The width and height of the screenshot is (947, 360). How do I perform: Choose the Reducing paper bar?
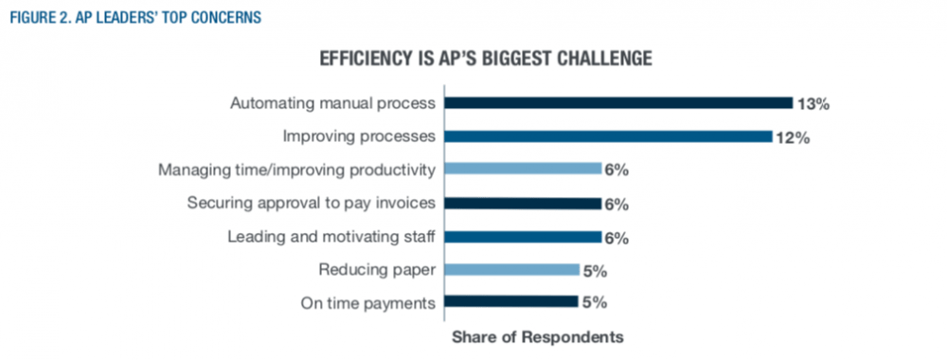[511, 270]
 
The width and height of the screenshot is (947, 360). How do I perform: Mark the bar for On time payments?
[511, 303]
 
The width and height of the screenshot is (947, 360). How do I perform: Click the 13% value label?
[813, 104]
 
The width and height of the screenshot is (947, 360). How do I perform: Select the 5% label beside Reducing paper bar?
[595, 271]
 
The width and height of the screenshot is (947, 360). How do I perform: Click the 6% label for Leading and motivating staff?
[617, 238]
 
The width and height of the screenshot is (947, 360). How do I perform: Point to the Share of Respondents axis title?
[538, 336]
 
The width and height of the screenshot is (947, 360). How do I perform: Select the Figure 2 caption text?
[133, 17]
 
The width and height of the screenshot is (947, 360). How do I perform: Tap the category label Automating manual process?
[332, 103]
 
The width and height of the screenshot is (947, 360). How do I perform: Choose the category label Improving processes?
[360, 136]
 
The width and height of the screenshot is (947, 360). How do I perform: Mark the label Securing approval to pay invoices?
[311, 203]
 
